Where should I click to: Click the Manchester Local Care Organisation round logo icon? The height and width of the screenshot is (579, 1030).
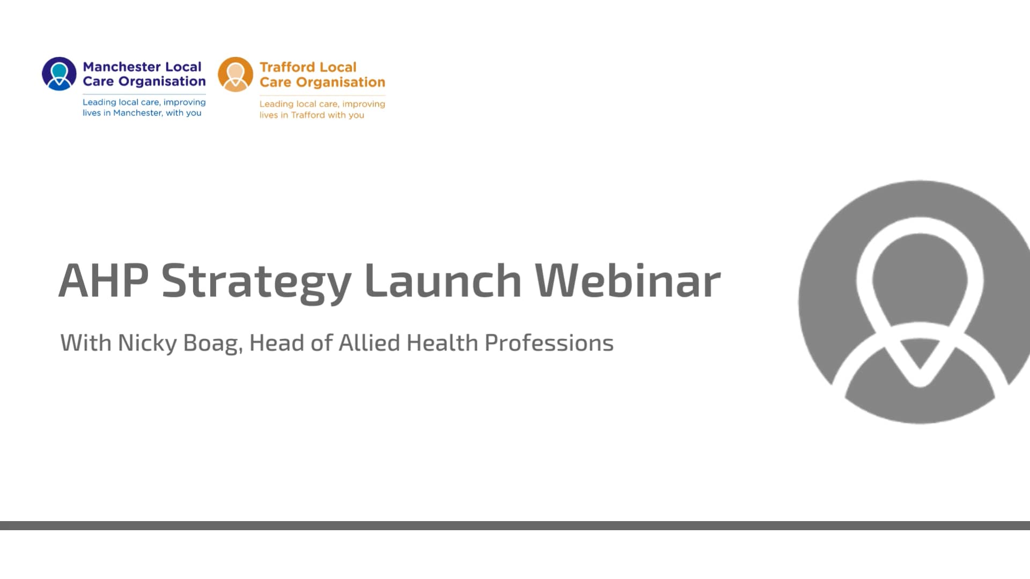click(59, 74)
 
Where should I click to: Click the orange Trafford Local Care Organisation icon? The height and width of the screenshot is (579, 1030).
click(235, 75)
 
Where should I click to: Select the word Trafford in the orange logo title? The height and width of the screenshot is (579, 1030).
click(284, 67)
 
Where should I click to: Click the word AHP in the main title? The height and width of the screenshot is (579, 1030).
click(103, 280)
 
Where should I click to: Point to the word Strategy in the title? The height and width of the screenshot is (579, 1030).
click(256, 281)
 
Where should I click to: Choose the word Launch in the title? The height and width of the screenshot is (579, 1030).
click(443, 280)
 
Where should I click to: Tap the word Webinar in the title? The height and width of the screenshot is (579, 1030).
click(628, 280)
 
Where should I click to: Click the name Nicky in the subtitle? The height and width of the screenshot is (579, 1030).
click(147, 343)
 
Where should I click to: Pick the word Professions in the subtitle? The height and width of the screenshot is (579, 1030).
click(549, 343)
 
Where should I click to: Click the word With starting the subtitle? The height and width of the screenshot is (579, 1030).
click(86, 343)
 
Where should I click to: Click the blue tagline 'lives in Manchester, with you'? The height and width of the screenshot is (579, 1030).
click(142, 113)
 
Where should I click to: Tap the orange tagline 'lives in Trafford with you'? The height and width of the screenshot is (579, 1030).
click(312, 115)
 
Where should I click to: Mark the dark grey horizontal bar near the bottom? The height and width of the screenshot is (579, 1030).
click(515, 525)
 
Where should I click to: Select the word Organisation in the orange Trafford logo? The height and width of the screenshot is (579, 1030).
click(340, 82)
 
